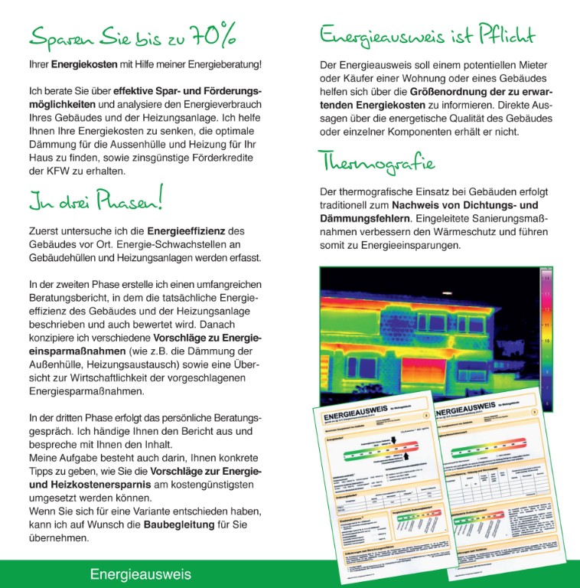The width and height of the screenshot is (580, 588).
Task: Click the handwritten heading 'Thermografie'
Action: click(x=376, y=163)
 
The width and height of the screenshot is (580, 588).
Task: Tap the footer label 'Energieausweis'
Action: click(x=140, y=574)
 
